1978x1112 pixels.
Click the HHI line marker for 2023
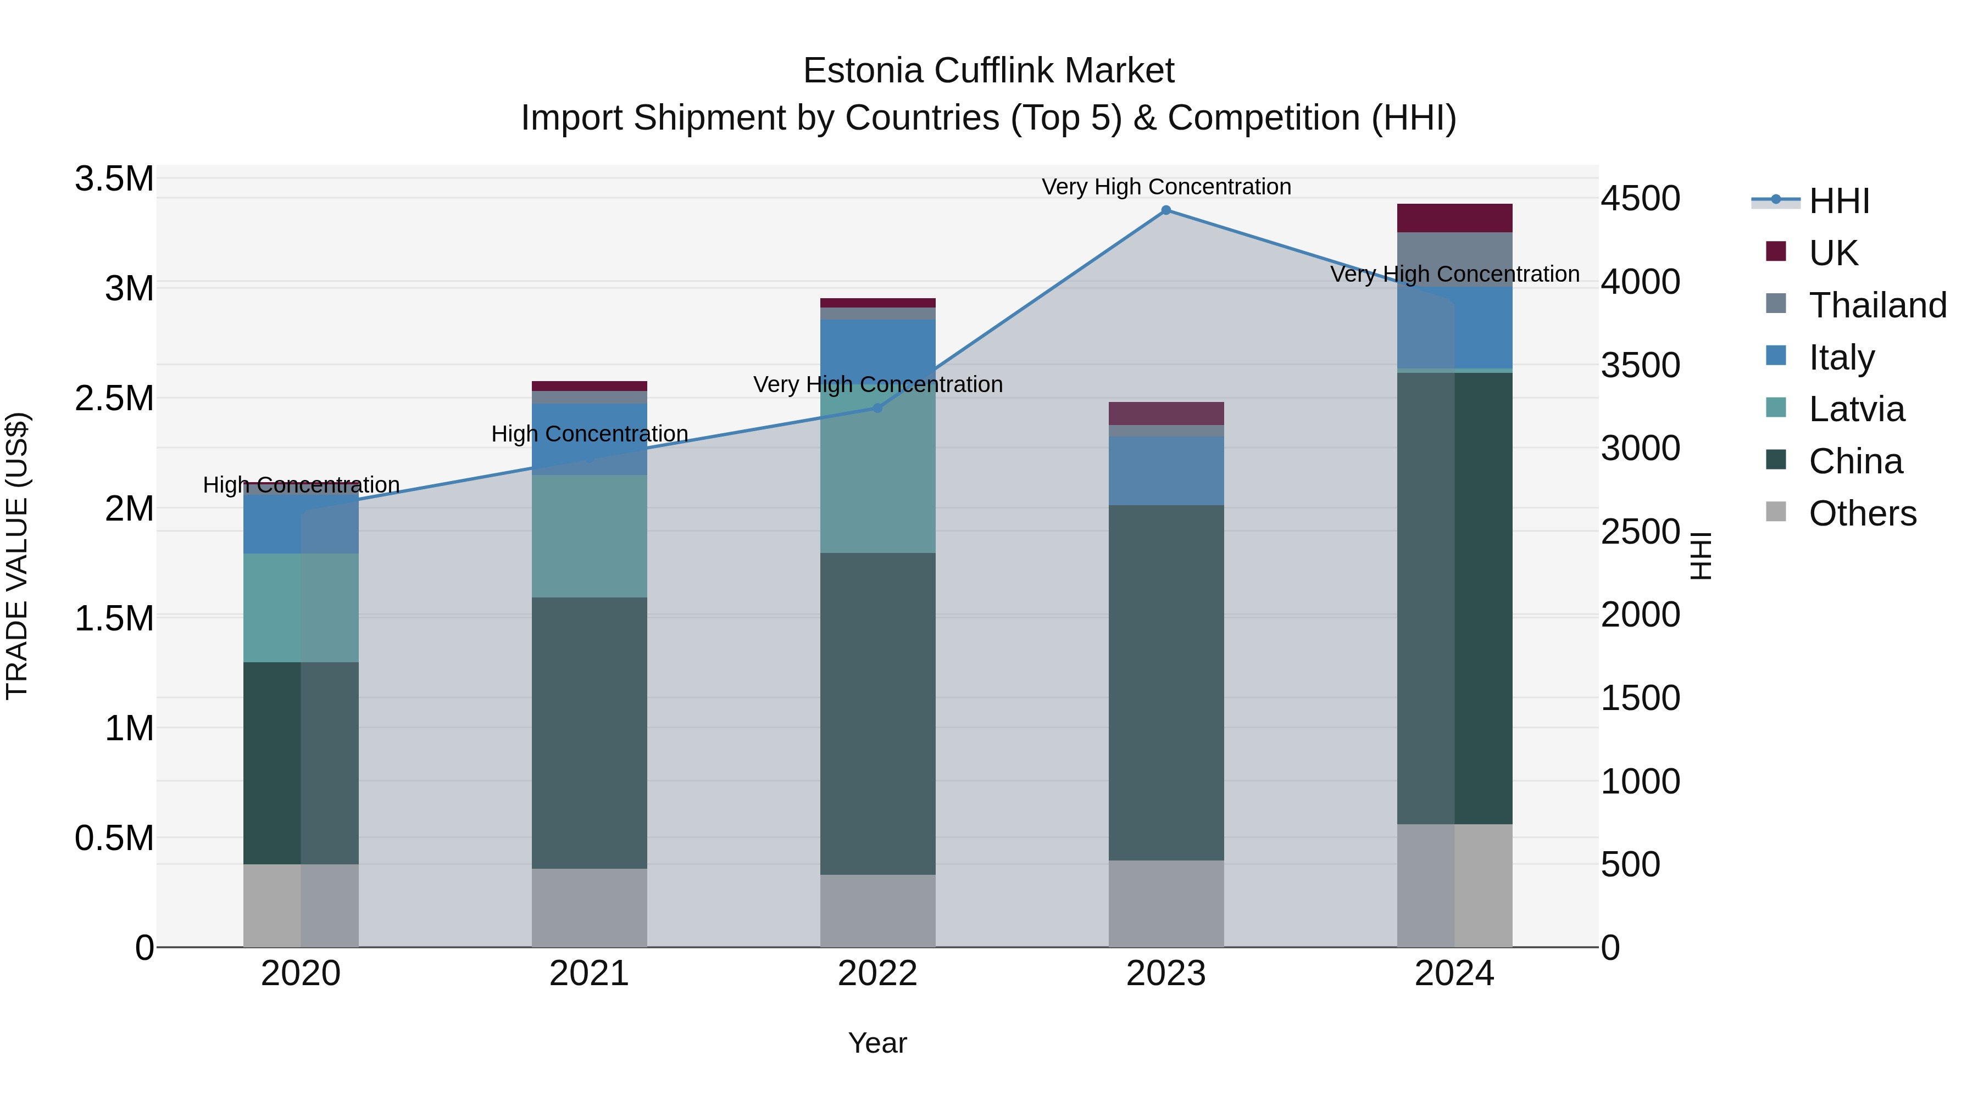click(x=1165, y=210)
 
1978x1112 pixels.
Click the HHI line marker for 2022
click(x=877, y=408)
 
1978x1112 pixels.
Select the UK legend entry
click(x=1833, y=253)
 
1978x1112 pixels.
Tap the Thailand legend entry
click(x=1877, y=305)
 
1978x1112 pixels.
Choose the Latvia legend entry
click(x=1856, y=409)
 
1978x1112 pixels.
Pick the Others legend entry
click(x=1862, y=513)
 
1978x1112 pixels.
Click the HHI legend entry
click(x=1839, y=201)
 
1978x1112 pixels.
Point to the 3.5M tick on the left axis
click(x=114, y=179)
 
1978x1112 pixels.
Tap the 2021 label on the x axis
click(x=589, y=974)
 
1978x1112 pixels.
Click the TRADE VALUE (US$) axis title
click(x=17, y=556)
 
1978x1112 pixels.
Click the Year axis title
click(x=877, y=1043)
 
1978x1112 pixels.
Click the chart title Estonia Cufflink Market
click(x=988, y=71)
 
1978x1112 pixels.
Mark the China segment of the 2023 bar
click(x=1165, y=683)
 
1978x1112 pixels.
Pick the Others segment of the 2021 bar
click(x=589, y=908)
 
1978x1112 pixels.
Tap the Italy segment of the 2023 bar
click(x=1165, y=471)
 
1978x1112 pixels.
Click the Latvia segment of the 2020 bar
click(x=300, y=608)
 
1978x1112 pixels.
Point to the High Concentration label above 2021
click(x=589, y=434)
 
